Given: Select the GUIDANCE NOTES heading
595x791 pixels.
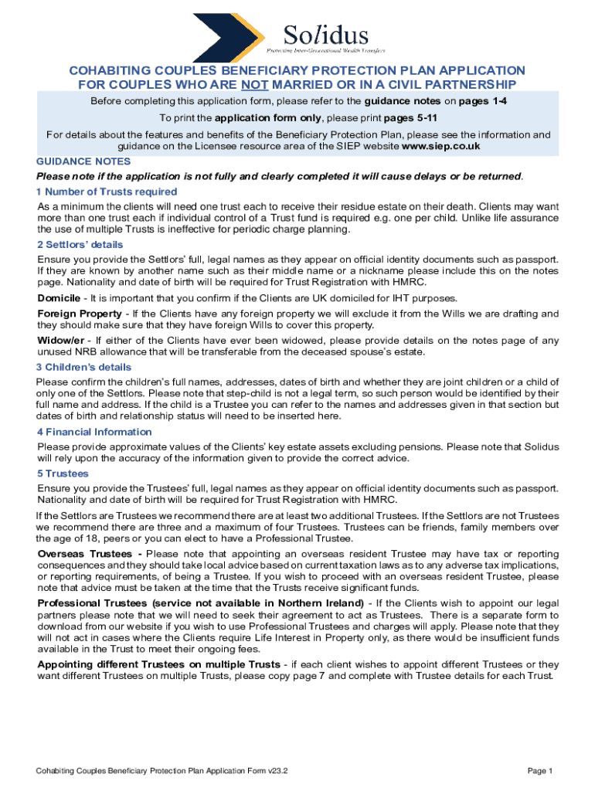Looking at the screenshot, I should point(83,161).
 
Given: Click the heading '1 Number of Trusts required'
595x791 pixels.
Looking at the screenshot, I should point(107,192).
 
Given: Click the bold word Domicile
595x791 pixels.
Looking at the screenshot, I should point(60,298).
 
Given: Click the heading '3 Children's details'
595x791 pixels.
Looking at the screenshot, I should point(84,368).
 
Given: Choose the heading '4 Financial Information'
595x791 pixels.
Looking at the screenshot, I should point(94,432).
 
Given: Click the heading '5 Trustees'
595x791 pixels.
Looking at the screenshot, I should point(63,474).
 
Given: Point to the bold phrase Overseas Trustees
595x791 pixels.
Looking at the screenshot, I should point(90,554).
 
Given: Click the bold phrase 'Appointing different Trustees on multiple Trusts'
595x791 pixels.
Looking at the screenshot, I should point(158,664).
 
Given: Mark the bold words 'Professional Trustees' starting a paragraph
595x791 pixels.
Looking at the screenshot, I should point(93,603).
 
